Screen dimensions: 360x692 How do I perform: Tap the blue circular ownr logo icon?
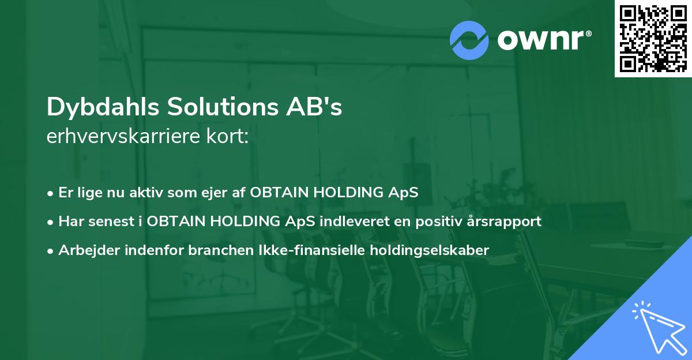(469, 40)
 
